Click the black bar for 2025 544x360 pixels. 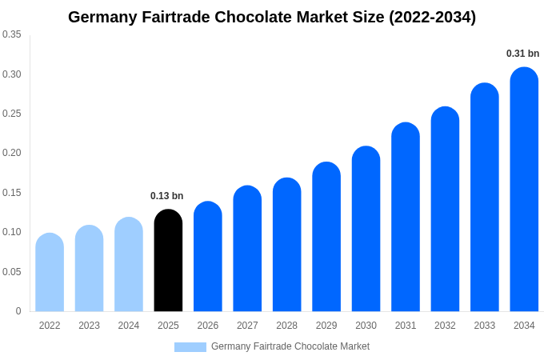tap(168, 260)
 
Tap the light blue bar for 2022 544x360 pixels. tap(50, 272)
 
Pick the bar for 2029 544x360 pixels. tap(326, 237)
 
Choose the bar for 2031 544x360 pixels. tap(406, 217)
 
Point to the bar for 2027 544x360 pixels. tap(247, 249)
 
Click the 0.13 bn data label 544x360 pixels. tap(166, 196)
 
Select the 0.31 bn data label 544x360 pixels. tap(522, 54)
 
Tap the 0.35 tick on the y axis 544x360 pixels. tap(12, 34)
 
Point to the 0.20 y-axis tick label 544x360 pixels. tap(12, 153)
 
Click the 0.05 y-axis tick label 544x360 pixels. tap(12, 272)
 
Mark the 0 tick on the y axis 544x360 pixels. tap(18, 311)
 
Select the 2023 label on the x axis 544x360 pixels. tap(89, 326)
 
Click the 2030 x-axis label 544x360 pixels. tap(366, 326)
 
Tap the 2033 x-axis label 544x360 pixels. tap(485, 326)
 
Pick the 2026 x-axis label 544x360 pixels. tap(208, 326)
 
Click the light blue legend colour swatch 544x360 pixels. tap(190, 347)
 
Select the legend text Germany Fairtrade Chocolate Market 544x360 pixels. tap(290, 346)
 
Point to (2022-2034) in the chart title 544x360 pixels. tap(432, 17)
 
